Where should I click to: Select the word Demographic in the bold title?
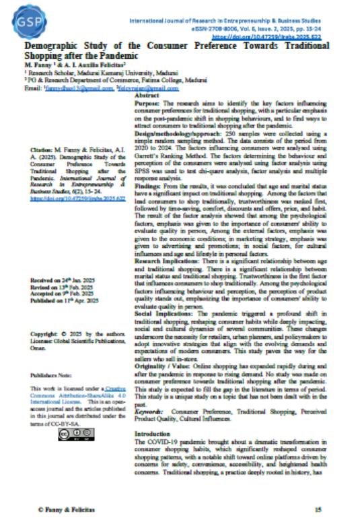[40, 46]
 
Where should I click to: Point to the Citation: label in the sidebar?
[43, 147]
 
